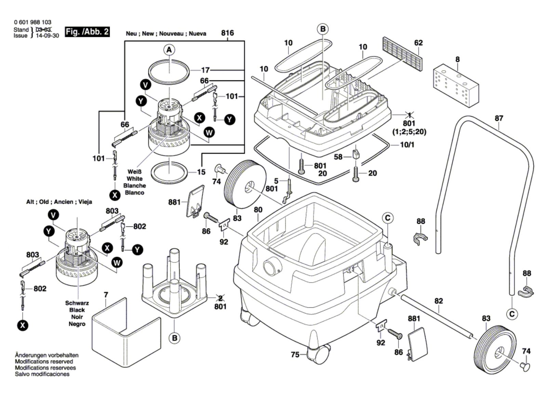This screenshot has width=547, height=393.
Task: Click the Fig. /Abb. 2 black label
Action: pyautogui.click(x=87, y=32)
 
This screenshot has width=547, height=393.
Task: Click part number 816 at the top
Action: pyautogui.click(x=227, y=33)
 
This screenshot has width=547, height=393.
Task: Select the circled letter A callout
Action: pyautogui.click(x=169, y=50)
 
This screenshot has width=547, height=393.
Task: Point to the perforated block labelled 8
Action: pyautogui.click(x=456, y=85)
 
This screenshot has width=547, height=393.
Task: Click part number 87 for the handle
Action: pyautogui.click(x=499, y=118)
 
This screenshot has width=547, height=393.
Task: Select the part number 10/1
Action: pyautogui.click(x=407, y=145)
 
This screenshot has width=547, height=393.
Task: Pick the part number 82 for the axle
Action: pyautogui.click(x=439, y=301)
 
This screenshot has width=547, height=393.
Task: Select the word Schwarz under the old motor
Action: pyautogui.click(x=77, y=303)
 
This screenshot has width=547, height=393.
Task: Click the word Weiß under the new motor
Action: pyautogui.click(x=134, y=172)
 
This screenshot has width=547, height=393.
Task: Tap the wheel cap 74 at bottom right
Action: pyautogui.click(x=525, y=366)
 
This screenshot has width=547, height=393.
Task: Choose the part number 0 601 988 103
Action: pyautogui.click(x=33, y=22)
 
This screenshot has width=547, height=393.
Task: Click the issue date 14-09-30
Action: pyautogui.click(x=47, y=36)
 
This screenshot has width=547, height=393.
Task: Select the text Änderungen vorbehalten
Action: pyautogui.click(x=46, y=355)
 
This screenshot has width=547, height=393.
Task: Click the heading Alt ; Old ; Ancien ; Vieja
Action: pyautogui.click(x=59, y=202)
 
